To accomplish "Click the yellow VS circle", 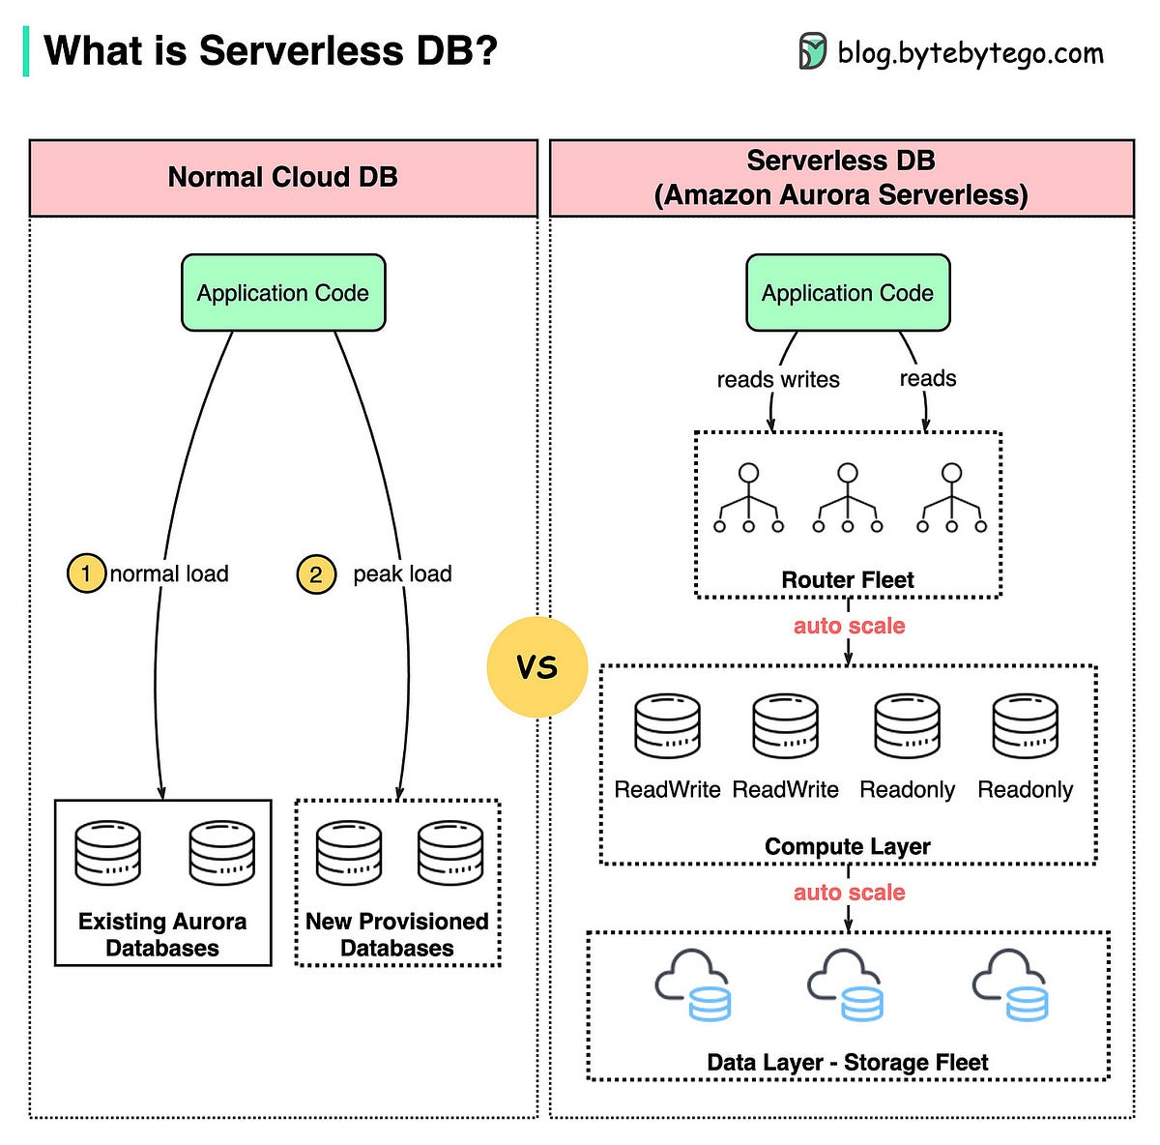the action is (x=536, y=666).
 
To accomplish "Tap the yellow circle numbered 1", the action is (x=86, y=573).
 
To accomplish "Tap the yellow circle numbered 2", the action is (x=316, y=574).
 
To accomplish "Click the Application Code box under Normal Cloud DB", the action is (x=283, y=293).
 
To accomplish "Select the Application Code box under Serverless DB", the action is (x=848, y=293).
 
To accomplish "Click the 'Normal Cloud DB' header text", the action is (x=283, y=177).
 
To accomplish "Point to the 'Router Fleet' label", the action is (x=848, y=579).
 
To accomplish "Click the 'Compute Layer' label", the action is (x=848, y=847).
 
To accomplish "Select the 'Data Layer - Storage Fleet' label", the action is (x=848, y=1063).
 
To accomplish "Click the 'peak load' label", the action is (x=402, y=574).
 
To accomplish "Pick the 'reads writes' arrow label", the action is (x=778, y=379).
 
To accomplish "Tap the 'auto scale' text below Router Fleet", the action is (x=849, y=626).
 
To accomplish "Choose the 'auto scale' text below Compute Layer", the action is (x=849, y=892).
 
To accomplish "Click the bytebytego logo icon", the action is (x=812, y=51).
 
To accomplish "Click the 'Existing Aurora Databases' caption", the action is (x=162, y=935).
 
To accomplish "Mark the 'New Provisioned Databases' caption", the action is (x=397, y=935).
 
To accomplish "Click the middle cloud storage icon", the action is (x=845, y=984).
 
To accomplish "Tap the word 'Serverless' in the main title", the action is (x=301, y=50).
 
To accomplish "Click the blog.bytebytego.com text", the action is (x=971, y=53).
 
